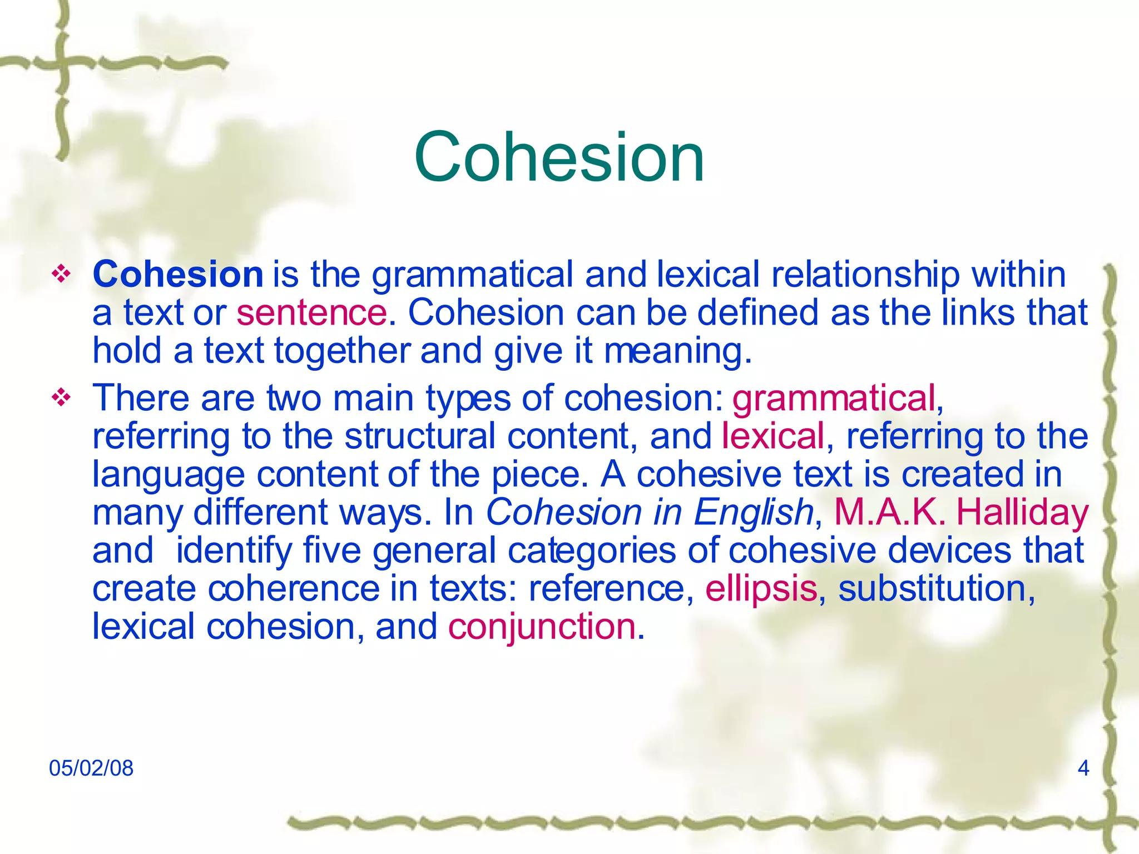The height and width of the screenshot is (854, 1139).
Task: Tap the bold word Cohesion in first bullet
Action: (x=178, y=274)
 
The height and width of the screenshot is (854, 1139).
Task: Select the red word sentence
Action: (x=311, y=312)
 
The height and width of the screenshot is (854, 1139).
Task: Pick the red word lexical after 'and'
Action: (x=773, y=436)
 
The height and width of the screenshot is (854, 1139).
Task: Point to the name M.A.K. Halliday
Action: (x=961, y=512)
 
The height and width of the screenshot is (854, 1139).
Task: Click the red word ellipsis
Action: (x=761, y=589)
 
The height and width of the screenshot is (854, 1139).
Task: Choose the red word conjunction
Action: (x=542, y=627)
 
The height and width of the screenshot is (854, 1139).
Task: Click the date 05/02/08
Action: (x=91, y=768)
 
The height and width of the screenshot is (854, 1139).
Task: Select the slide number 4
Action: (x=1083, y=768)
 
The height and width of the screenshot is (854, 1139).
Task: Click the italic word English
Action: (x=754, y=512)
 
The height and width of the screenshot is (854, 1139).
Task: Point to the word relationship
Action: (x=865, y=275)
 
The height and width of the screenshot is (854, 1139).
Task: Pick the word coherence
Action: (x=293, y=589)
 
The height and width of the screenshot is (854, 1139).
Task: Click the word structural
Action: (x=420, y=436)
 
